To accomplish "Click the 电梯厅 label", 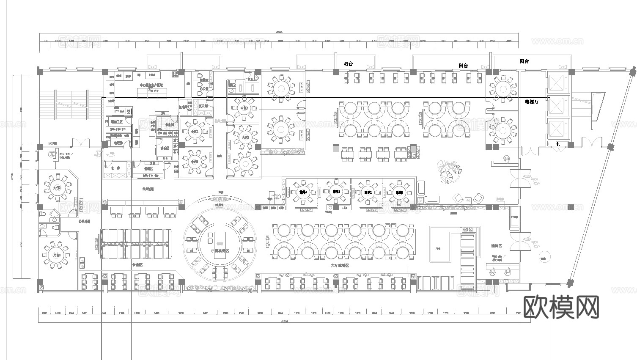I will pyautogui.click(x=532, y=102).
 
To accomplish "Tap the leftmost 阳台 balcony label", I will pyautogui.click(x=348, y=64).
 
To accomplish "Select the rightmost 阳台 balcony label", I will pyautogui.click(x=524, y=61).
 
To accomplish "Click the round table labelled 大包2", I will pyautogui.click(x=57, y=187).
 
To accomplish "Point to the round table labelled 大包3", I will pyautogui.click(x=56, y=255).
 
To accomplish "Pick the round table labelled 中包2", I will pyautogui.click(x=194, y=131).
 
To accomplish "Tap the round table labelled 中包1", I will pyautogui.click(x=194, y=162).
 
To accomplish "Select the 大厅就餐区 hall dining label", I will pyautogui.click(x=340, y=265).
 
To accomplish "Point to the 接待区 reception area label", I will pyautogui.click(x=496, y=245).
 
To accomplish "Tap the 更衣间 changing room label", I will pyautogui.click(x=203, y=106).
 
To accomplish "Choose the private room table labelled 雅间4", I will pyautogui.click(x=302, y=192).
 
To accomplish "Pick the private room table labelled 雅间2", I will pyautogui.click(x=368, y=192).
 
